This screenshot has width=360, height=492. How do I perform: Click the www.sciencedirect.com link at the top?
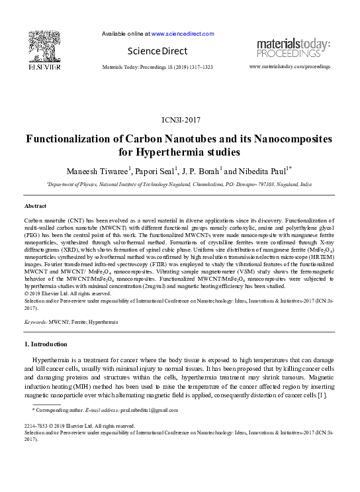[x=183, y=34]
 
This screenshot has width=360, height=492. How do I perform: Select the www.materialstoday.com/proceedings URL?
[x=289, y=68]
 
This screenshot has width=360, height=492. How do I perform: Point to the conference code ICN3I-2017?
[x=181, y=121]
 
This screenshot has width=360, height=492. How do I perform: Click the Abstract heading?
[x=35, y=207]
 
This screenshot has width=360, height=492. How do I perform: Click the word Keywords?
[x=35, y=322]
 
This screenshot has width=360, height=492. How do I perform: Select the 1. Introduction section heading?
[x=46, y=344]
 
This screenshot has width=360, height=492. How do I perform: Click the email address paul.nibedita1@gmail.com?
[x=150, y=410]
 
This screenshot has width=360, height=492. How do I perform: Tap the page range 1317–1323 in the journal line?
[x=199, y=68]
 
